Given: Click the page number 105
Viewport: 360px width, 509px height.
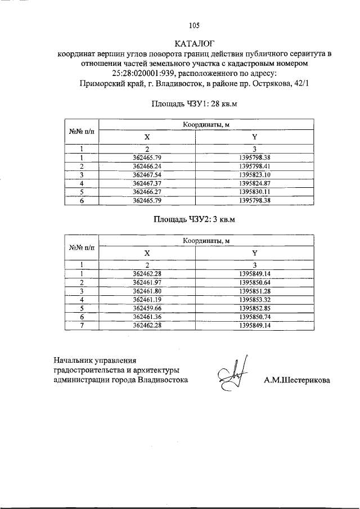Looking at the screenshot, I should [x=194, y=25].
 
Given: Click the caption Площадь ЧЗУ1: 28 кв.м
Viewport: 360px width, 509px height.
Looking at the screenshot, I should [x=195, y=104].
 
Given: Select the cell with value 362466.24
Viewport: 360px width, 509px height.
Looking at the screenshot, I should [x=147, y=166].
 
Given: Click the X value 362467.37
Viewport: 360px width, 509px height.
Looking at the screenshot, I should [x=147, y=183].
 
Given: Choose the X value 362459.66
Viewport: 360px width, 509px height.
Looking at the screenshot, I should [x=147, y=308].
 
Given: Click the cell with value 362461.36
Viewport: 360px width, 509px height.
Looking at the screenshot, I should [x=147, y=316].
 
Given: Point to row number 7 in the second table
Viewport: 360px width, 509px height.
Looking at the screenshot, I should [x=82, y=325].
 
